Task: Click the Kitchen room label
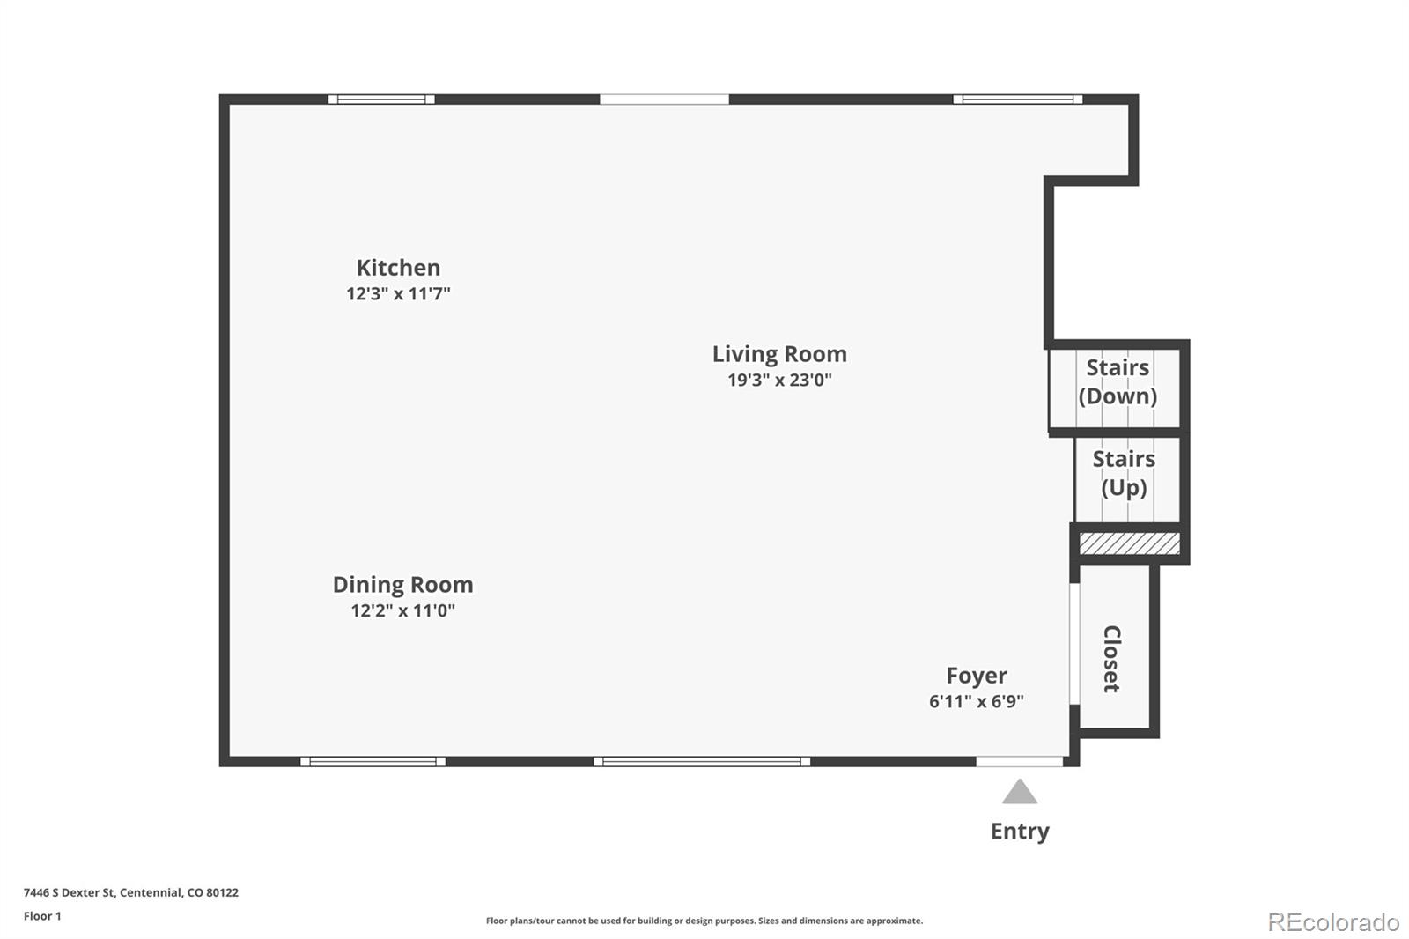click(398, 268)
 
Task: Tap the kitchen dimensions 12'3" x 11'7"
click(398, 294)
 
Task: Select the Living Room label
click(779, 354)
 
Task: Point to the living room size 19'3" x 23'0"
click(779, 381)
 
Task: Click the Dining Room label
click(402, 585)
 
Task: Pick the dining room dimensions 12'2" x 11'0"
click(402, 610)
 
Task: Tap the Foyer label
click(977, 676)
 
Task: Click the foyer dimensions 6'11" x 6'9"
click(977, 701)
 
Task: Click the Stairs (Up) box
click(1127, 479)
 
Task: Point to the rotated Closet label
click(1111, 659)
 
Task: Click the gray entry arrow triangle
click(1019, 792)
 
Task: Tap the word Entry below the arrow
click(1020, 832)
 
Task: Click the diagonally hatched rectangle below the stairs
click(1130, 543)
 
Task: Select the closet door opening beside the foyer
click(1074, 644)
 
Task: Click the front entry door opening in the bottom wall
click(1019, 762)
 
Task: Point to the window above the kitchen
click(381, 100)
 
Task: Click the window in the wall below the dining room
click(373, 762)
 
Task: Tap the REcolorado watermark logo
click(1333, 922)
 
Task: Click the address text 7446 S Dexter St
click(70, 892)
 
